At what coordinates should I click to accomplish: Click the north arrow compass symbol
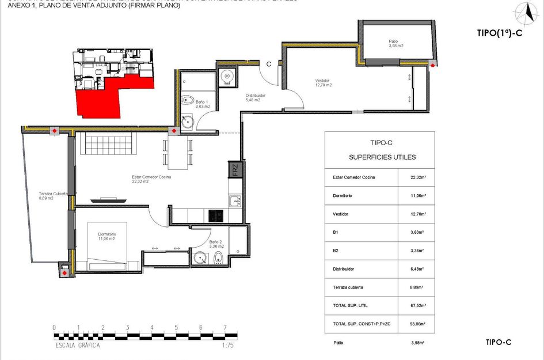pyautogui.click(x=523, y=12)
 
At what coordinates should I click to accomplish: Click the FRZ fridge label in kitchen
pyautogui.click(x=234, y=170)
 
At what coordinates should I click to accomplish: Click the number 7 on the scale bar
pyautogui.click(x=225, y=328)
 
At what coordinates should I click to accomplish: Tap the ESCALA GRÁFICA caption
pyautogui.click(x=74, y=346)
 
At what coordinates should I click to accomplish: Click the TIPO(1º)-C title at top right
pyautogui.click(x=499, y=33)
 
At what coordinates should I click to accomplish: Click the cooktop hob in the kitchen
pyautogui.click(x=216, y=215)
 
